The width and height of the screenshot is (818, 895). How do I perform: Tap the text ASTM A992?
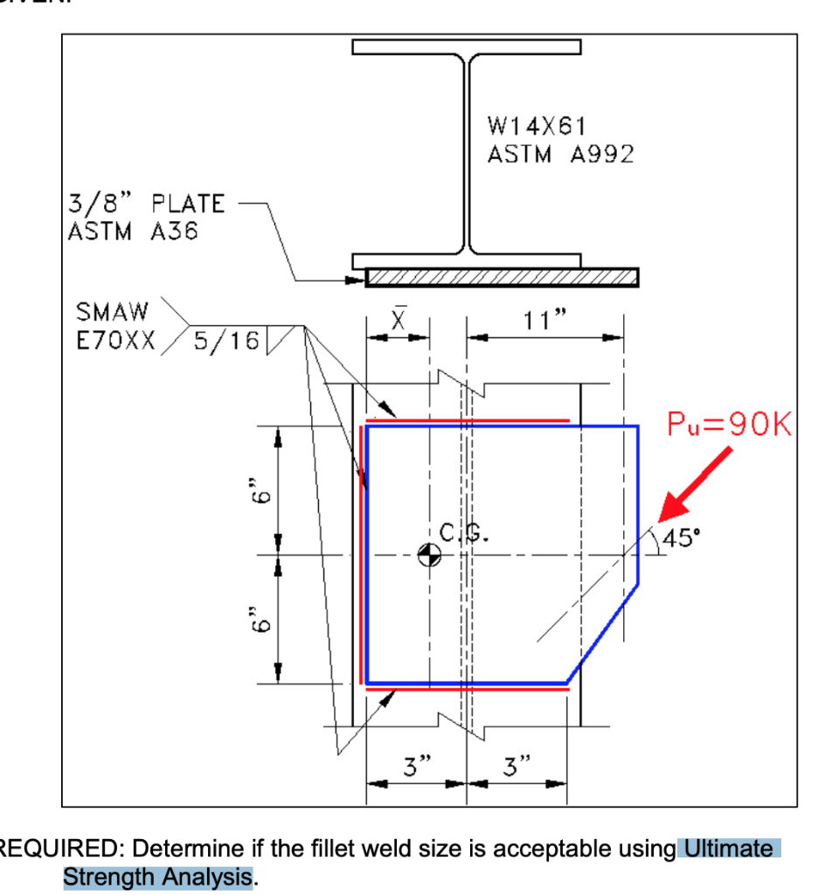click(559, 155)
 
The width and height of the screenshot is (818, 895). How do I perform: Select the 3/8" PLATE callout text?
click(146, 205)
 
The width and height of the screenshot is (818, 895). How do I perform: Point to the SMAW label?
click(113, 312)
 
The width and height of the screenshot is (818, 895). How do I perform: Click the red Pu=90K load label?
click(728, 426)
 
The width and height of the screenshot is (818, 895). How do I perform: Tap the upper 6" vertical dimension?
click(252, 491)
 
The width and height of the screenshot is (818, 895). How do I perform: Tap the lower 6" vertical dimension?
click(252, 619)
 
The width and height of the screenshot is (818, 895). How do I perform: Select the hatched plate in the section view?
click(502, 277)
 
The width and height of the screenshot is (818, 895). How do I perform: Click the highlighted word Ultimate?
click(729, 849)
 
